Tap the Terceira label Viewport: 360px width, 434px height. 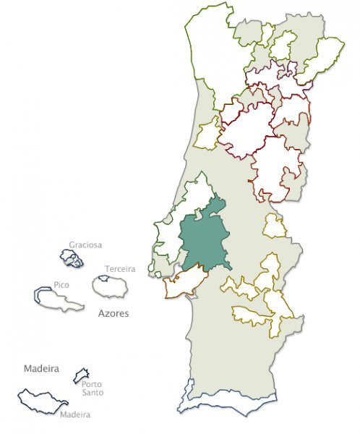(120, 269)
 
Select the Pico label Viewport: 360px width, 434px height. (61, 285)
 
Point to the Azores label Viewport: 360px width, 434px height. (113, 315)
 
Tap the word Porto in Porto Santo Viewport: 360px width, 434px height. (92, 384)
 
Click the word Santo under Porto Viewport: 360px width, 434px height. (92, 393)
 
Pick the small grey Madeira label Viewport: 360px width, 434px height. (75, 414)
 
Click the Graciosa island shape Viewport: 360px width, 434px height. (72, 258)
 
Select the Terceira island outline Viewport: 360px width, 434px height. (111, 286)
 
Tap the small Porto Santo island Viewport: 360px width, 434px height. (81, 375)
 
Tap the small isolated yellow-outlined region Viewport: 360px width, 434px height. (275, 226)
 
